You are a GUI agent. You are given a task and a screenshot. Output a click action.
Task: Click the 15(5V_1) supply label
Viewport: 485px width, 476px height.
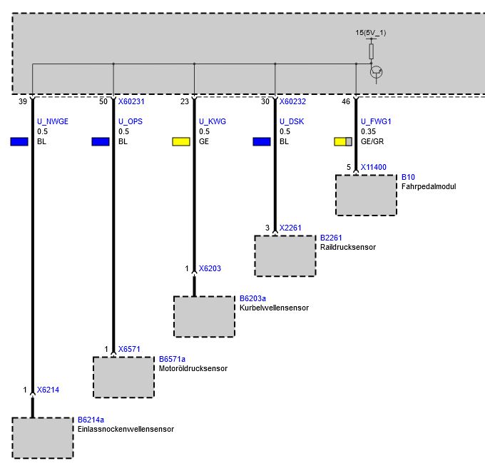371,33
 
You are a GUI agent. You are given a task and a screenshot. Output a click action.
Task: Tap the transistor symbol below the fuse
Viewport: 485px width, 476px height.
377,71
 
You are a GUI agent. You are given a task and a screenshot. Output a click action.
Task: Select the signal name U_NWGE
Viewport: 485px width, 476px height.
53,121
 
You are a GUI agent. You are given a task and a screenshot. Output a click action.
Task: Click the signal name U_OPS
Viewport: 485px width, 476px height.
131,121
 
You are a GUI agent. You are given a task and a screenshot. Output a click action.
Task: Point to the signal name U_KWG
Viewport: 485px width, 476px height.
213,121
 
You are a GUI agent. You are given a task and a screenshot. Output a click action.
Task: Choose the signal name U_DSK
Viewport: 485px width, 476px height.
292,121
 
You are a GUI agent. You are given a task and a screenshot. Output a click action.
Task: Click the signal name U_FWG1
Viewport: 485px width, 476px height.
376,121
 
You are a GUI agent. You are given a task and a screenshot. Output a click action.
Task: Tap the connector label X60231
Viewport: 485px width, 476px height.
131,102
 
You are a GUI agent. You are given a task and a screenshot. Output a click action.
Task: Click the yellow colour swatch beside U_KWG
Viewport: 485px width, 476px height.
181,141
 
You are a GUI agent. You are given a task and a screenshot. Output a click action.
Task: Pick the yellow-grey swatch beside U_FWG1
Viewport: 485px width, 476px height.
344,141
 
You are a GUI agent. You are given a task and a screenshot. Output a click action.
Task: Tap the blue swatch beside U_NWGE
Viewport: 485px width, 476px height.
19,141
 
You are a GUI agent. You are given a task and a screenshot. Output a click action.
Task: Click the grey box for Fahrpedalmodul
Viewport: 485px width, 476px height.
366,195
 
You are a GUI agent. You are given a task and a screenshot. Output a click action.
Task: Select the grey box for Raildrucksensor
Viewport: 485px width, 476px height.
285,255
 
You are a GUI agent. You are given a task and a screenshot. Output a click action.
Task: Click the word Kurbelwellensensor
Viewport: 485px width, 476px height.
274,308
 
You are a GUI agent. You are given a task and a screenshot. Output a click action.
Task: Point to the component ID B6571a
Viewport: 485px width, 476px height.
172,359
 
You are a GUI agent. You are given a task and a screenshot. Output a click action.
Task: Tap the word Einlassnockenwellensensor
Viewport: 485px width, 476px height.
126,429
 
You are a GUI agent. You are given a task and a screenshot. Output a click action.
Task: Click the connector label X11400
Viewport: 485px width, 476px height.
374,167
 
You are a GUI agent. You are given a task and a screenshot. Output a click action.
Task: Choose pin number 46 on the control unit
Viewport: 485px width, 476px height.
346,102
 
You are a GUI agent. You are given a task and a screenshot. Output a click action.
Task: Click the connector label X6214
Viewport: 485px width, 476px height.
48,390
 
